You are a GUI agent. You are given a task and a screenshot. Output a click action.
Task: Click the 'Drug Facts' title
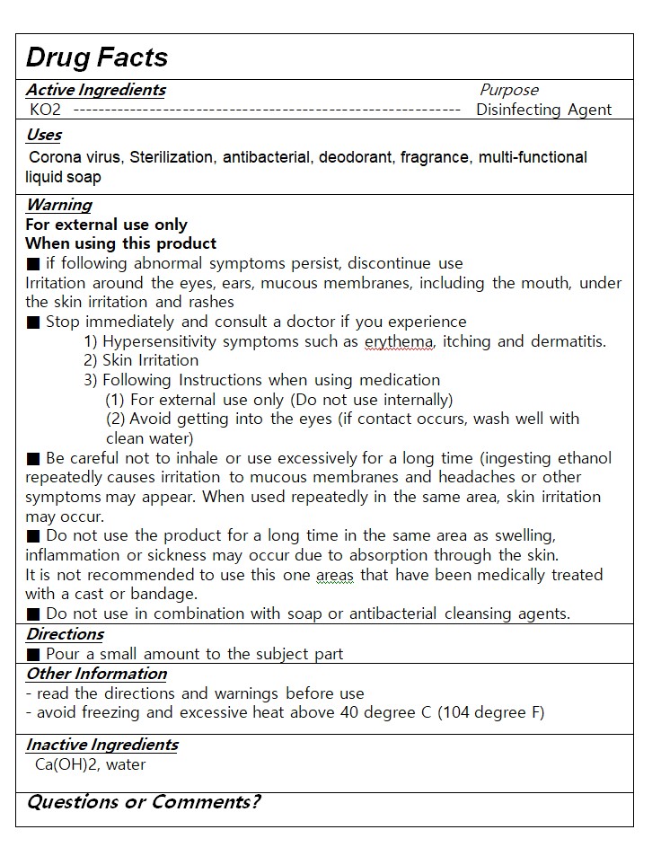click(97, 57)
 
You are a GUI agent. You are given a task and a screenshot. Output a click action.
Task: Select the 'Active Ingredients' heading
click(95, 90)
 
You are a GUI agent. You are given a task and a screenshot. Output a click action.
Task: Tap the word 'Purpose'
click(509, 90)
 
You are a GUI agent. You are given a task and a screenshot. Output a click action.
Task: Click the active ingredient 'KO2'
click(45, 110)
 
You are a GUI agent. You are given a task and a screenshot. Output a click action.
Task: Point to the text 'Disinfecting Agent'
click(543, 110)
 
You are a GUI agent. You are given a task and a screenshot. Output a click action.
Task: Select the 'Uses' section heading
click(43, 135)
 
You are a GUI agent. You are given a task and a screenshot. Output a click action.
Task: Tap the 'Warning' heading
click(58, 205)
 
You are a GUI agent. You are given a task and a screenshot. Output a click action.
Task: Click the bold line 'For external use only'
click(106, 225)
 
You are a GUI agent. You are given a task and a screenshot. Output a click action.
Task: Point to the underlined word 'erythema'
click(399, 341)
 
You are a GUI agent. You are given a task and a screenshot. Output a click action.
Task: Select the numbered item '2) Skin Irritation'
click(141, 360)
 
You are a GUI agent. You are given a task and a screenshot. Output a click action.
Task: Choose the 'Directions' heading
click(65, 634)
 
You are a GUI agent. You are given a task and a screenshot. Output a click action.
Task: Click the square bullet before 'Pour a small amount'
click(33, 654)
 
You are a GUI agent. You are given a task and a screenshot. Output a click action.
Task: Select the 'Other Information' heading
click(96, 674)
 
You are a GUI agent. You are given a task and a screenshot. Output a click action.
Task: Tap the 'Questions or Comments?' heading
click(144, 802)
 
